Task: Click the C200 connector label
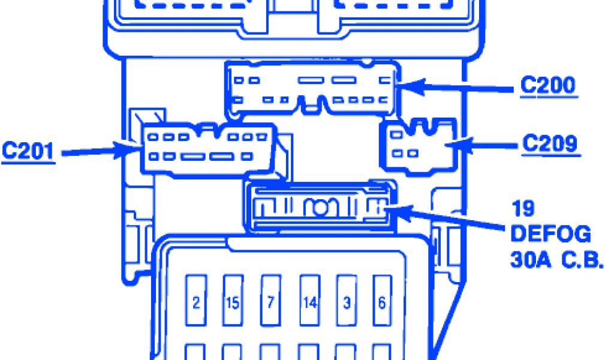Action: [547, 86]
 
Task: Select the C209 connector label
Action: [550, 144]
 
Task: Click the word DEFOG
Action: [550, 234]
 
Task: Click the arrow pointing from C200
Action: [456, 88]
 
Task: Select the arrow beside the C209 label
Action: [486, 145]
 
